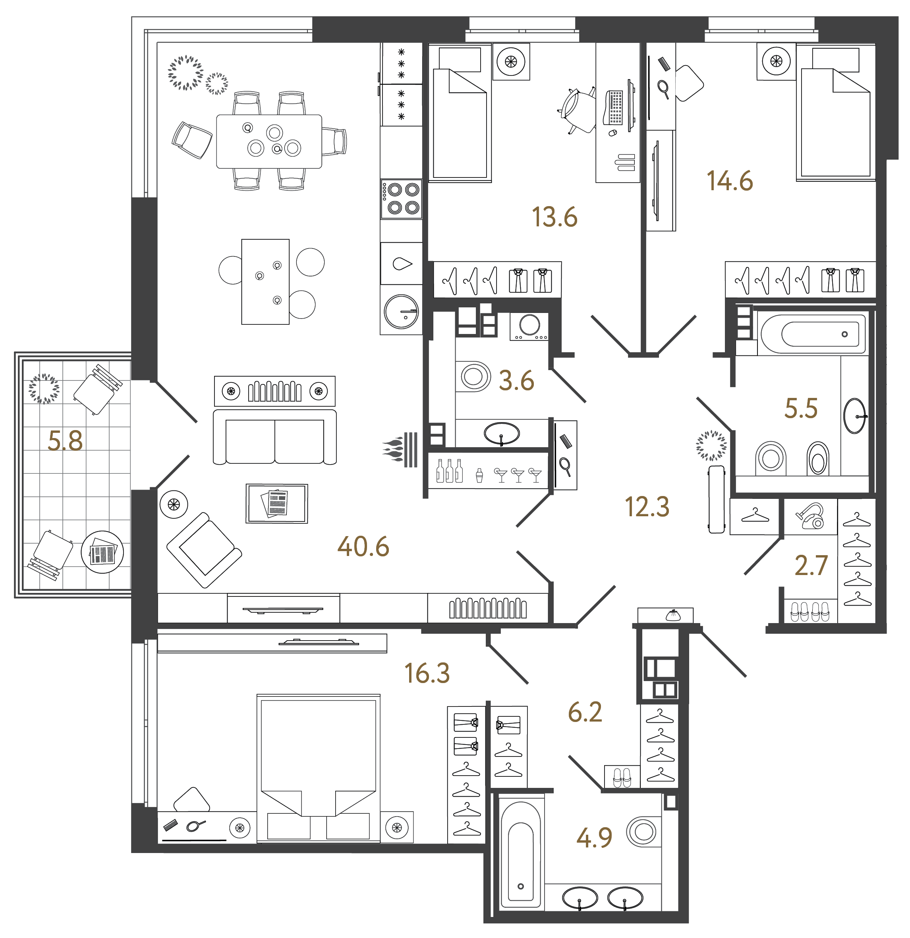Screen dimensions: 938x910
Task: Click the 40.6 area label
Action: [363, 546]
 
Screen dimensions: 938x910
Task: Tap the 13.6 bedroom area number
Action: [555, 217]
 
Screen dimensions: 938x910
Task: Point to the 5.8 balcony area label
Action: [65, 441]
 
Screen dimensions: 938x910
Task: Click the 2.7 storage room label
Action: [811, 566]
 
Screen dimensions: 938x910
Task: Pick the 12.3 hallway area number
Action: [647, 507]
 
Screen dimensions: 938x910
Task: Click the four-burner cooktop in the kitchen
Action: [401, 199]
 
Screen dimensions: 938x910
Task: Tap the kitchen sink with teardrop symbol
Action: [402, 263]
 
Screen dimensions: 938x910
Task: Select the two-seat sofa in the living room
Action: [274, 437]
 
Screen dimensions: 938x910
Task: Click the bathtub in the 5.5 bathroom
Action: [813, 334]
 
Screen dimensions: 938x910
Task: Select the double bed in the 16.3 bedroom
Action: [318, 768]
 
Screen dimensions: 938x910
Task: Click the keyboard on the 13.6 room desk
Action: [615, 107]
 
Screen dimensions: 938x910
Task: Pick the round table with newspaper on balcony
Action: [102, 552]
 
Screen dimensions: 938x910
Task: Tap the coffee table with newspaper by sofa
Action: [277, 504]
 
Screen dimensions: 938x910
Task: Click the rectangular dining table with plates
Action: [269, 141]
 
